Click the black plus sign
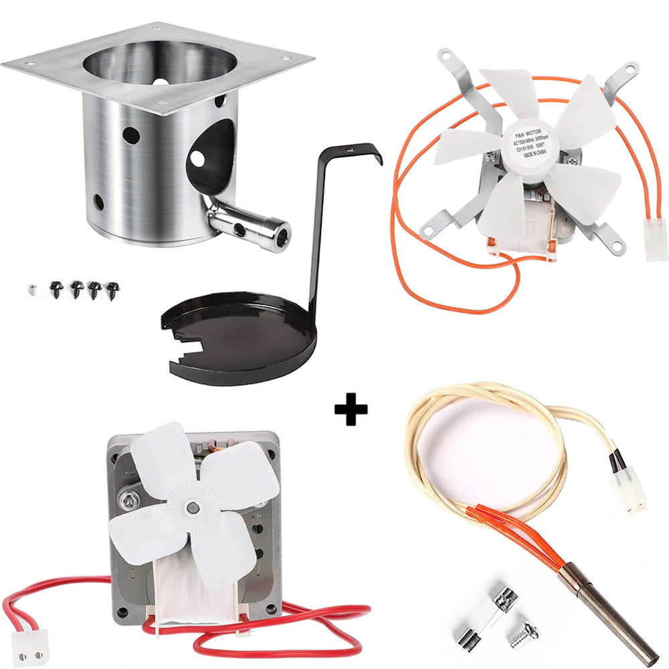pos(351,409)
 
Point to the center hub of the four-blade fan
pos(192,506)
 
